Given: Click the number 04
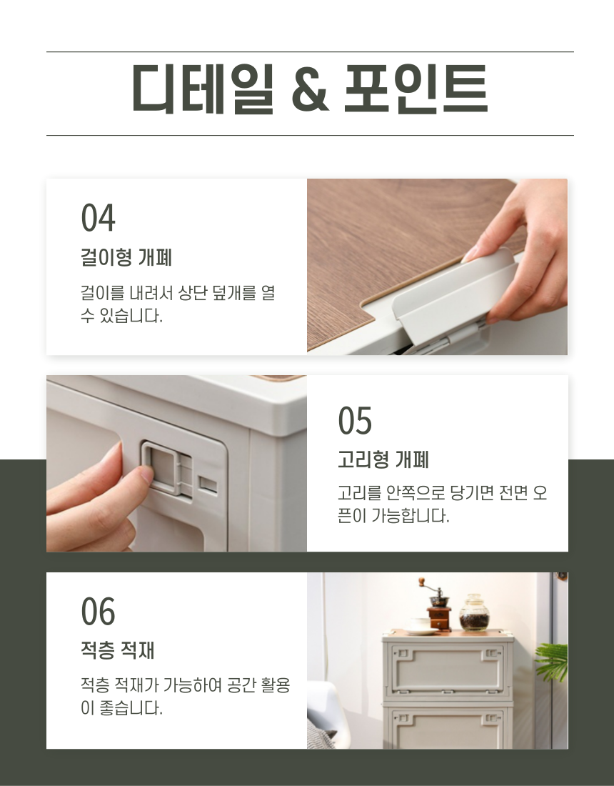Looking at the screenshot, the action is pos(98,217).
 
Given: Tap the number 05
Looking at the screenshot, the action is pos(355,420).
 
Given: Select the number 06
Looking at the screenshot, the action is pos(98,611).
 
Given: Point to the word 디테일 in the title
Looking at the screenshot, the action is pos(203,89).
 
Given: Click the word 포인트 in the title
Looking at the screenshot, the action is pos(416,89).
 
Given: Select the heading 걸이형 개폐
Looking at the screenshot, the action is pos(126,257).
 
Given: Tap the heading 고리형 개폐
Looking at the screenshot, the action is pos(383,459).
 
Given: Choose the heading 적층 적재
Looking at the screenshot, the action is pos(118,650).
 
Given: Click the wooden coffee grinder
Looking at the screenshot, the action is pos(438,605).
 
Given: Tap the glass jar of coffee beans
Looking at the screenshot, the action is pos(474,612).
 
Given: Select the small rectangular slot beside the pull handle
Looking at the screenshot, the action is pos(208,484).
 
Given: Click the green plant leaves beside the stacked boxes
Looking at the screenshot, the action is pos(553,662).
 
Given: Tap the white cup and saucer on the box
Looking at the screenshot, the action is pos(420,626).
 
